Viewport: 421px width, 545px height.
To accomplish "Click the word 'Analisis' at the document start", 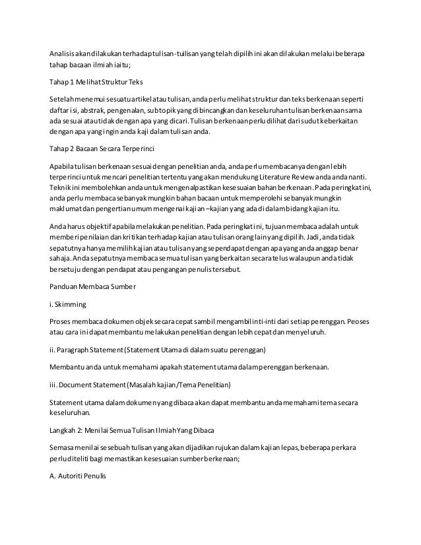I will click(x=65, y=52).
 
